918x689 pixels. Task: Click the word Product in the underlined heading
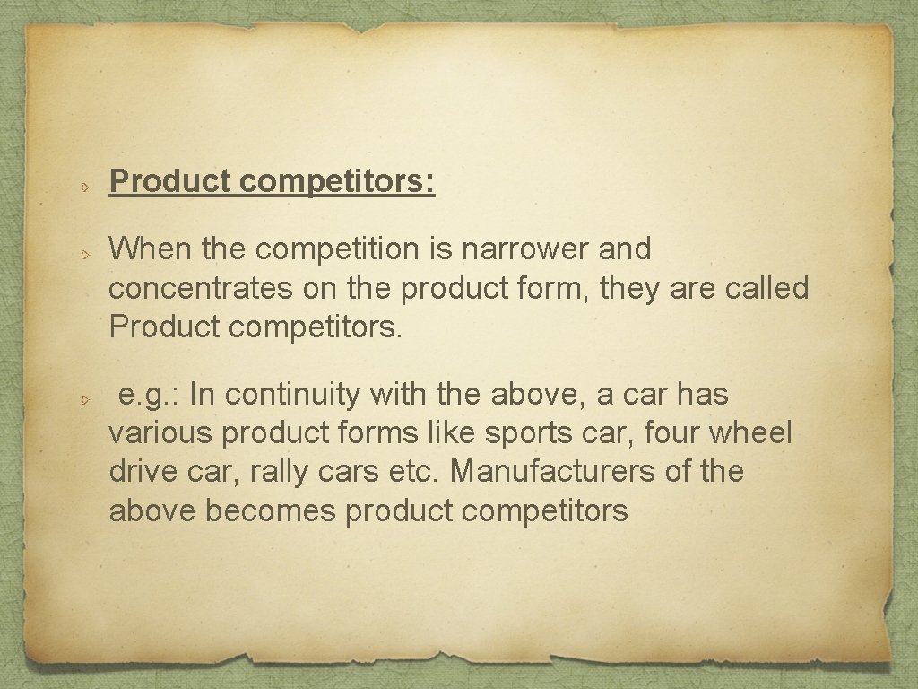(x=171, y=182)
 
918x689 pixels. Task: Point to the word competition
(x=328, y=250)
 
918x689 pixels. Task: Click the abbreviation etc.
(x=417, y=472)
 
